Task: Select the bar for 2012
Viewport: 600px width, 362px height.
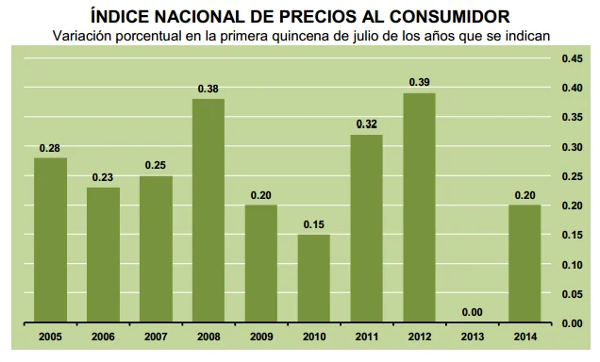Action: click(x=420, y=207)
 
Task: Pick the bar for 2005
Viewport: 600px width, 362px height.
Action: click(x=50, y=239)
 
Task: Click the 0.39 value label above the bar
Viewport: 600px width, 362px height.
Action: click(x=420, y=83)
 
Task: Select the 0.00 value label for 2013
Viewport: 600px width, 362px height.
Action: click(x=473, y=313)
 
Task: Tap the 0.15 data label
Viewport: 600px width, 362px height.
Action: click(x=314, y=224)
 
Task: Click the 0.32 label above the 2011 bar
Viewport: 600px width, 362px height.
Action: click(x=367, y=124)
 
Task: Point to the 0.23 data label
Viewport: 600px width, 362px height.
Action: click(x=103, y=177)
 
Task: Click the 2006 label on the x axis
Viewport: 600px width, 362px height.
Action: click(x=103, y=336)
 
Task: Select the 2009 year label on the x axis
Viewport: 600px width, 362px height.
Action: click(x=261, y=336)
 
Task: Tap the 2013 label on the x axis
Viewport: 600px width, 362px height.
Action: click(x=473, y=336)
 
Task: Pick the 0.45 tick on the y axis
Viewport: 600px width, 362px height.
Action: click(x=573, y=58)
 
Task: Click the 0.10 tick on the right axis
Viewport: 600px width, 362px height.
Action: click(x=573, y=265)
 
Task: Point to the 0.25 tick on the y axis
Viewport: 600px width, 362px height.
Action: click(x=573, y=176)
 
